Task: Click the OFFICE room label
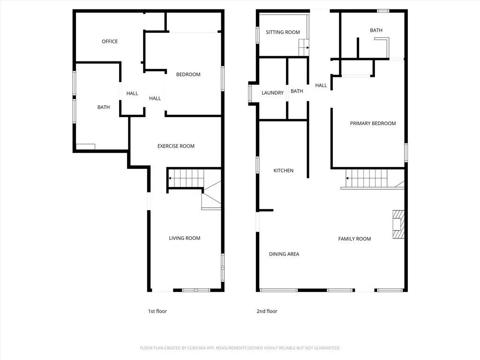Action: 110,41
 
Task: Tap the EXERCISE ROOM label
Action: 176,146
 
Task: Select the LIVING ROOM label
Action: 184,238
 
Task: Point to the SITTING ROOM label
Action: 283,32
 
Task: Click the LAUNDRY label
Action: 272,93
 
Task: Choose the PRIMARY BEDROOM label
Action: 373,124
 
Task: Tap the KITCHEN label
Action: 283,171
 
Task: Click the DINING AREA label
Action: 284,254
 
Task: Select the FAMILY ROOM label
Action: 354,239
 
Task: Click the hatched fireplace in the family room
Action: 398,225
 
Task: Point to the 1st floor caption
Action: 157,311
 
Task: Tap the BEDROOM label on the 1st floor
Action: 188,75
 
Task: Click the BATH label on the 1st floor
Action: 104,107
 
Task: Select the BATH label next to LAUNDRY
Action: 297,91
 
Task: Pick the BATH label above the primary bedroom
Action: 376,30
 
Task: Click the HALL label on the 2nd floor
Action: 321,85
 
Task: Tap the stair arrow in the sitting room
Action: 306,47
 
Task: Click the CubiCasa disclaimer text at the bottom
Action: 240,348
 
